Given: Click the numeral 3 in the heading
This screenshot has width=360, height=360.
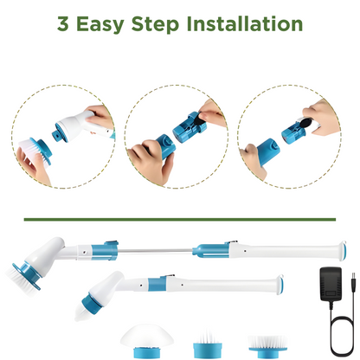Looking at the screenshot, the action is click(63, 23).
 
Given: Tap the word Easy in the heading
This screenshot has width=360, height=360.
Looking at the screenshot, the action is click(100, 25).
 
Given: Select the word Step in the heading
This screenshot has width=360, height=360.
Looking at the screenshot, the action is click(155, 25).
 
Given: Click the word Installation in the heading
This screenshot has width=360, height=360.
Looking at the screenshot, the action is click(245, 23).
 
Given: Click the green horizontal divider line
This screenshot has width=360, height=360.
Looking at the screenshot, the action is click(180, 220).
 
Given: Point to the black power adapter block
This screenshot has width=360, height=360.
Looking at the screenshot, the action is click(331, 285).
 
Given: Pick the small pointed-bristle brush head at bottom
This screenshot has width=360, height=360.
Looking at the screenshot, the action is click(208, 344).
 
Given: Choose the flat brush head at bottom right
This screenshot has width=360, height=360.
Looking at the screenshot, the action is click(267, 346).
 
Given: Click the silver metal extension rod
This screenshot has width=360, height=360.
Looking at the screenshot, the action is click(155, 251).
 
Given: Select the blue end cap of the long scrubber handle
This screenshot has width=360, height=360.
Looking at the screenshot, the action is click(343, 251).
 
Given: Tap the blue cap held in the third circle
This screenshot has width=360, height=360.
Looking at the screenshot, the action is click(267, 151).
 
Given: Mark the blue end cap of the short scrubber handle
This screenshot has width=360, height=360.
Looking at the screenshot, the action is click(280, 284).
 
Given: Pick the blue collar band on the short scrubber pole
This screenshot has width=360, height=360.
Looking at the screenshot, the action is click(157, 285).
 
